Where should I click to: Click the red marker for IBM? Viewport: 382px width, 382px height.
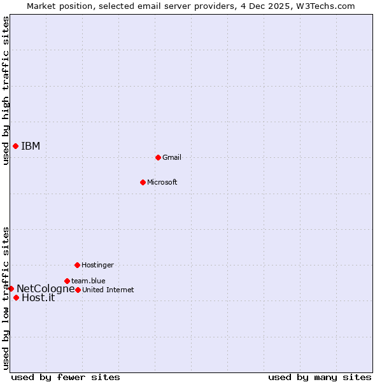[15, 146]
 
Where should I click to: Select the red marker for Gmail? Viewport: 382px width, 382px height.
[158, 157]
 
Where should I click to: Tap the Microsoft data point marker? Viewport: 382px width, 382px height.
[143, 182]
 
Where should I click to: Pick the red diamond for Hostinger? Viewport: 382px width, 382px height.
[77, 265]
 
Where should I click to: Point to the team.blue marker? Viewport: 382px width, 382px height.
[67, 281]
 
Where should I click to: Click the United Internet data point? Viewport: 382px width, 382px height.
[78, 290]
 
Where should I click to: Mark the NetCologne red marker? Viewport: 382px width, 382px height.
[11, 288]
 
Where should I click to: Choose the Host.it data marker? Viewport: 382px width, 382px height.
[16, 297]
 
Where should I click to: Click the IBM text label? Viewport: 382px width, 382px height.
[31, 146]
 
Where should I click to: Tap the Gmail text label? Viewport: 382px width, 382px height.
[172, 157]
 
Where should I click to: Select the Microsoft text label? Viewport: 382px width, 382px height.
[162, 183]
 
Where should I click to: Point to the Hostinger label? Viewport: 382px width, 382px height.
[97, 265]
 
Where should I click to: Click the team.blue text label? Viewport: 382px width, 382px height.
[88, 281]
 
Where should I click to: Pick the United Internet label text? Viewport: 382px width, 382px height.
[108, 290]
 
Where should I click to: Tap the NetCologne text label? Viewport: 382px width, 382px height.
[45, 289]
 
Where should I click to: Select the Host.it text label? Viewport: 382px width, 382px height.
[38, 297]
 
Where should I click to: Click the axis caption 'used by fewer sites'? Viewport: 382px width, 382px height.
[66, 378]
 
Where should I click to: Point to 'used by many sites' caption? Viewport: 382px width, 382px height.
[320, 378]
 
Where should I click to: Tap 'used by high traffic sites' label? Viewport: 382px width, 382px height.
[6, 91]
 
